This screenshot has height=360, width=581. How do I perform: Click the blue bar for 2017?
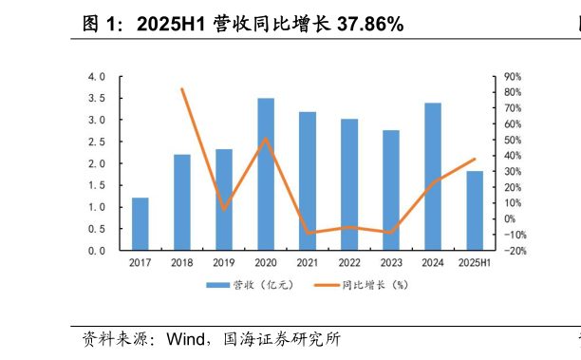[140, 224]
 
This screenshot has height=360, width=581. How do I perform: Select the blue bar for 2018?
[181, 202]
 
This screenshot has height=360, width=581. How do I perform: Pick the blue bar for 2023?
[390, 190]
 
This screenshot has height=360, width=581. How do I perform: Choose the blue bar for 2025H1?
[474, 211]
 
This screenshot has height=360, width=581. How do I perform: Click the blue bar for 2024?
[432, 177]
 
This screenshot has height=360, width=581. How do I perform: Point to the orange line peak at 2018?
[181, 89]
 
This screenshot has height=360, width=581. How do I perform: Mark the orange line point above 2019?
[223, 209]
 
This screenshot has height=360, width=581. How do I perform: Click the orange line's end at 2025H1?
[475, 159]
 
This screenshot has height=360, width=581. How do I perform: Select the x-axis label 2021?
[307, 262]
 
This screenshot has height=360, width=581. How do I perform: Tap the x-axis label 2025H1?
[475, 262]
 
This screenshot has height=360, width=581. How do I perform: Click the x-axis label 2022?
[348, 262]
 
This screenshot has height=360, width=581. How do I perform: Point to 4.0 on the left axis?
[96, 76]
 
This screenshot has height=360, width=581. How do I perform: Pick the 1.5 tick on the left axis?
[96, 185]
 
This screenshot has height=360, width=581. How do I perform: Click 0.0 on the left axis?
[96, 251]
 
